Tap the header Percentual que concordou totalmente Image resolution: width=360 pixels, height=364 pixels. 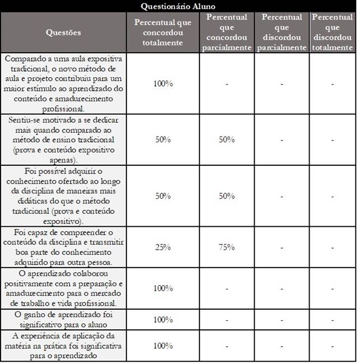pos(162,32)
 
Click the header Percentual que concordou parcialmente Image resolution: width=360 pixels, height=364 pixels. pos(227,32)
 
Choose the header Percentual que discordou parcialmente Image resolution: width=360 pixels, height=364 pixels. pos(282,32)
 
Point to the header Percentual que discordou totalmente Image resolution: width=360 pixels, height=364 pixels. pos(332,32)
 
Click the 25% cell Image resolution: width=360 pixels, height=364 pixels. pos(162,246)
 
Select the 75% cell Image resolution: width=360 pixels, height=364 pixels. pos(227,246)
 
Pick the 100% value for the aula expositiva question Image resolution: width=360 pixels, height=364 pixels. pos(162,83)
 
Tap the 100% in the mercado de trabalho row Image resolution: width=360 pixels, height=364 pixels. pos(162,288)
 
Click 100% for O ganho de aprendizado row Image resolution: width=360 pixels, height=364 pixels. pos(162,319)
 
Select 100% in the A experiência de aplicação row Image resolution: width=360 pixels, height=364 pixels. pos(162,346)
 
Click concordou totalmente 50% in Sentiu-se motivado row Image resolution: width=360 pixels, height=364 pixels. pos(162,139)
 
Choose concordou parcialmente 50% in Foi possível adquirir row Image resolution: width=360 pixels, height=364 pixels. pos(227,196)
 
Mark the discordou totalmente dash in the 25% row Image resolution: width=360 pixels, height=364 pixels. pos(332,246)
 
